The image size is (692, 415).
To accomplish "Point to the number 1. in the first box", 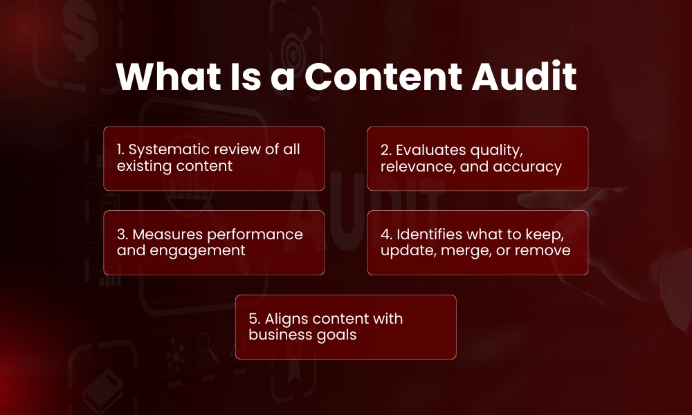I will coord(122,149).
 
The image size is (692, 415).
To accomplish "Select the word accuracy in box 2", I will coord(529,166).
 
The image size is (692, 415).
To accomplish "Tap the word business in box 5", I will coord(278,335).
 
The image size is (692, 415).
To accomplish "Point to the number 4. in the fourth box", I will coord(386,234).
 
